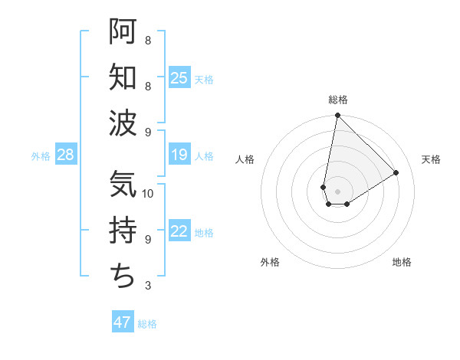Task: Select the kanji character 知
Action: click(123, 77)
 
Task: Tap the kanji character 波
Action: click(123, 123)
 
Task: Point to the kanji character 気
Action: click(123, 185)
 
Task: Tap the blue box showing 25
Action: click(179, 78)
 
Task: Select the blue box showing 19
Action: click(179, 155)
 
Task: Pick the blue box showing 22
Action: click(179, 232)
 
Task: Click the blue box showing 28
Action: click(66, 155)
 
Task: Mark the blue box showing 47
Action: click(123, 322)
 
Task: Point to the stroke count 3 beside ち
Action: click(147, 286)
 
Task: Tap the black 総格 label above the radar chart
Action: click(337, 100)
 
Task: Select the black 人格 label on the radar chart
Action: click(245, 159)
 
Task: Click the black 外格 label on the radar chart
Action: click(270, 262)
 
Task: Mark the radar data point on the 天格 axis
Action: click(396, 172)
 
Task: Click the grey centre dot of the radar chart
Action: click(337, 190)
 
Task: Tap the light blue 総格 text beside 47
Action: click(148, 324)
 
